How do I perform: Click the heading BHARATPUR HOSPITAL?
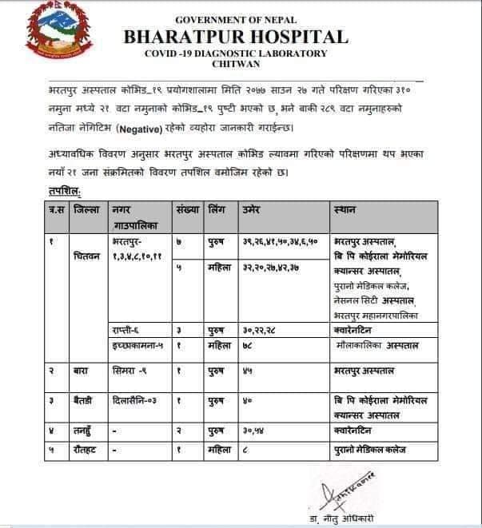236,37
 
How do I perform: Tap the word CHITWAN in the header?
236,65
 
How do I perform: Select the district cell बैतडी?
83,399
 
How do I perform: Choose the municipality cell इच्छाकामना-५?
137,345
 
